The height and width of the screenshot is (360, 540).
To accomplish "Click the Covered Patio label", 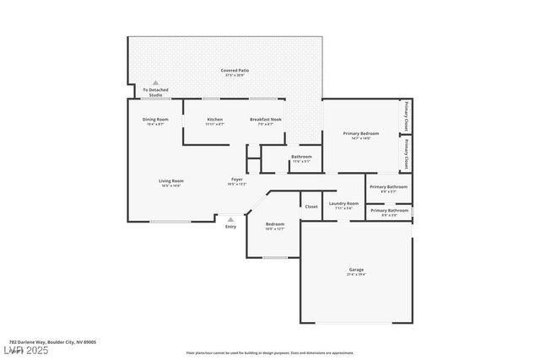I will click(x=235, y=70).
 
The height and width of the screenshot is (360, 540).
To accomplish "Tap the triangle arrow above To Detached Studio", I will click(x=155, y=83).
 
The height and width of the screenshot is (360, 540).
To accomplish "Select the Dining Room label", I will click(x=155, y=120).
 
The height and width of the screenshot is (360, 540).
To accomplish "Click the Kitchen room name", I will click(x=215, y=120).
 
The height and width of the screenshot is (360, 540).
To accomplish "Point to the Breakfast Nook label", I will click(x=266, y=120).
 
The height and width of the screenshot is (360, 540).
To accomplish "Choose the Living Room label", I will click(x=171, y=180).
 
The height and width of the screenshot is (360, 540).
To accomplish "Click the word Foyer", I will click(x=237, y=180).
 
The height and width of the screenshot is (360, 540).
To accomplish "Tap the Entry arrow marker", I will click(x=230, y=218).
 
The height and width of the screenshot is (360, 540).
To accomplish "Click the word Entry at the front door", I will click(x=230, y=226).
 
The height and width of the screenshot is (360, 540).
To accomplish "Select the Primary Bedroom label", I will click(x=360, y=133).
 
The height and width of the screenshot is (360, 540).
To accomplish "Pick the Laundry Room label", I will click(x=343, y=203).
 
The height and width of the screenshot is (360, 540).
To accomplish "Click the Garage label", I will click(x=356, y=270).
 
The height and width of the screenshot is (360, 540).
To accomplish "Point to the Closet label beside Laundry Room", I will click(x=311, y=206).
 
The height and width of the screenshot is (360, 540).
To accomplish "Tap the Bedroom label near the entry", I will click(x=275, y=224).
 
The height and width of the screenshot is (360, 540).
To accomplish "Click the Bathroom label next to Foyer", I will click(x=301, y=157).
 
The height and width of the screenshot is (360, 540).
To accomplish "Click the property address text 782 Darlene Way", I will click(x=47, y=341).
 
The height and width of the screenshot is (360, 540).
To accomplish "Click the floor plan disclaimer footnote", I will click(x=269, y=352).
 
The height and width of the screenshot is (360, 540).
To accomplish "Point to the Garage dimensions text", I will click(x=356, y=274).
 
